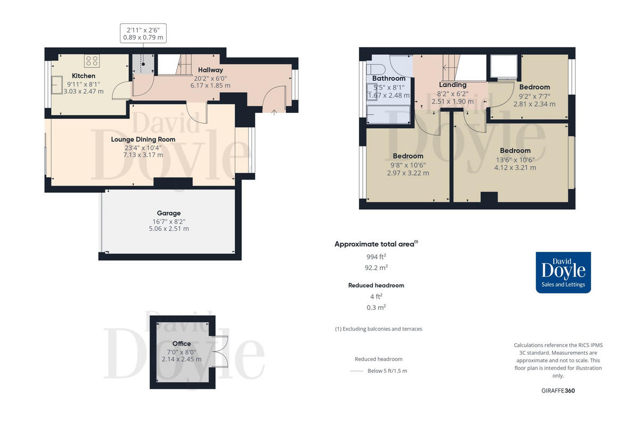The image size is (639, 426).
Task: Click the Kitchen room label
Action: click(84, 76)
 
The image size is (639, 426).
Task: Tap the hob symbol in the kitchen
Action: click(92, 61)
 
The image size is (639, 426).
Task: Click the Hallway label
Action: click(210, 70)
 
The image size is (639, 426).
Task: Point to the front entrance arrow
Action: click(274, 112)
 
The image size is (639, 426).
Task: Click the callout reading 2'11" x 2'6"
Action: click(143, 29)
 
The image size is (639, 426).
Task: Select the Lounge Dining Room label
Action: click(143, 140)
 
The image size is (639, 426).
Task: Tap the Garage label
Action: click(168, 213)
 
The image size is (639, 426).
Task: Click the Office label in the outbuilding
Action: click(181, 343)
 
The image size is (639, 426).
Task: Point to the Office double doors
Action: click(219, 352)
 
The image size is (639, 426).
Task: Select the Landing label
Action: click(452, 85)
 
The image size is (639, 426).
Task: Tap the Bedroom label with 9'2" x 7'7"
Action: click(534, 87)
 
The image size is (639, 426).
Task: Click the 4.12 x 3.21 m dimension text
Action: click(515, 167)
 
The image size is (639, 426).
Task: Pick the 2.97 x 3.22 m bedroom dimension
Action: click(408, 173)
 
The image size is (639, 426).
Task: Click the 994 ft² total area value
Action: click(376, 256)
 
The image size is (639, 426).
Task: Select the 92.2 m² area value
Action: click(376, 268)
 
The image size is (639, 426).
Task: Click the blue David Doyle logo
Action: click(563, 272)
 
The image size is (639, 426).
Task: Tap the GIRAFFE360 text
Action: click(558, 390)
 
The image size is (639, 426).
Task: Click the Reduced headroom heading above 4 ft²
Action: click(376, 285)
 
